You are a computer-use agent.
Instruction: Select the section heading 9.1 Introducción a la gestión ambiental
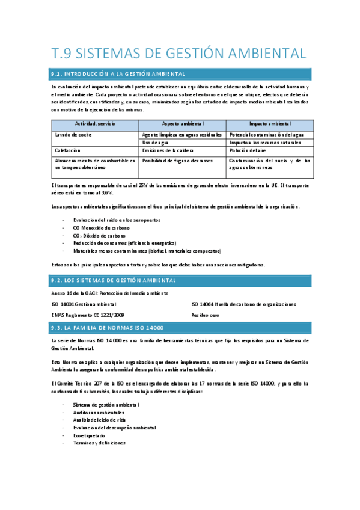118,75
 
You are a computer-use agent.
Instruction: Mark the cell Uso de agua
156,143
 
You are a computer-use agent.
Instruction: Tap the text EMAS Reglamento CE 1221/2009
88,315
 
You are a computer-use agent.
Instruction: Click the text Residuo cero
205,315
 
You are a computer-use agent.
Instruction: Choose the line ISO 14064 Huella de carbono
243,304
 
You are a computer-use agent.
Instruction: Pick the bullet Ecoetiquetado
90,435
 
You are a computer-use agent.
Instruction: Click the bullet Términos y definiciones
99,443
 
